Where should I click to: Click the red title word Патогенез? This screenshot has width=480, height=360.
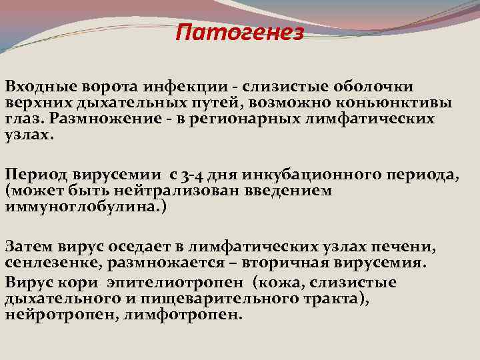pos(239,32)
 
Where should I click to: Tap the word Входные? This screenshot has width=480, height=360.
pos(41,87)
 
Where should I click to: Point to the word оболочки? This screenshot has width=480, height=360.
pos(371,87)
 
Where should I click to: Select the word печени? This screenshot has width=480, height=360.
pos(406,247)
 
